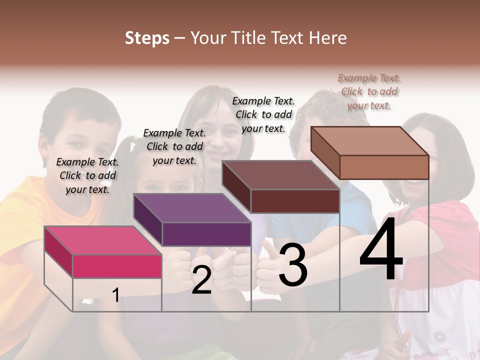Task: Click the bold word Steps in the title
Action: [x=147, y=38]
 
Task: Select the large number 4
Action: [x=381, y=249]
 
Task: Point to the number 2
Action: [x=201, y=280]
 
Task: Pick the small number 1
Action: [x=115, y=295]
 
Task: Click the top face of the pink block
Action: [x=102, y=240]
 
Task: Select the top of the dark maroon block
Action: [x=280, y=175]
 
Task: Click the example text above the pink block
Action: [x=87, y=175]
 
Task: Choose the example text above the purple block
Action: [x=174, y=146]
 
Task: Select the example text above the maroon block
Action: [x=263, y=114]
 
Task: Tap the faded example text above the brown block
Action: [x=369, y=91]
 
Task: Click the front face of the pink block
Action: [x=117, y=266]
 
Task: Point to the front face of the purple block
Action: [x=206, y=234]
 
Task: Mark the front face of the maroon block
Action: [x=295, y=201]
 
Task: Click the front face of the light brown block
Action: [x=384, y=167]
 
